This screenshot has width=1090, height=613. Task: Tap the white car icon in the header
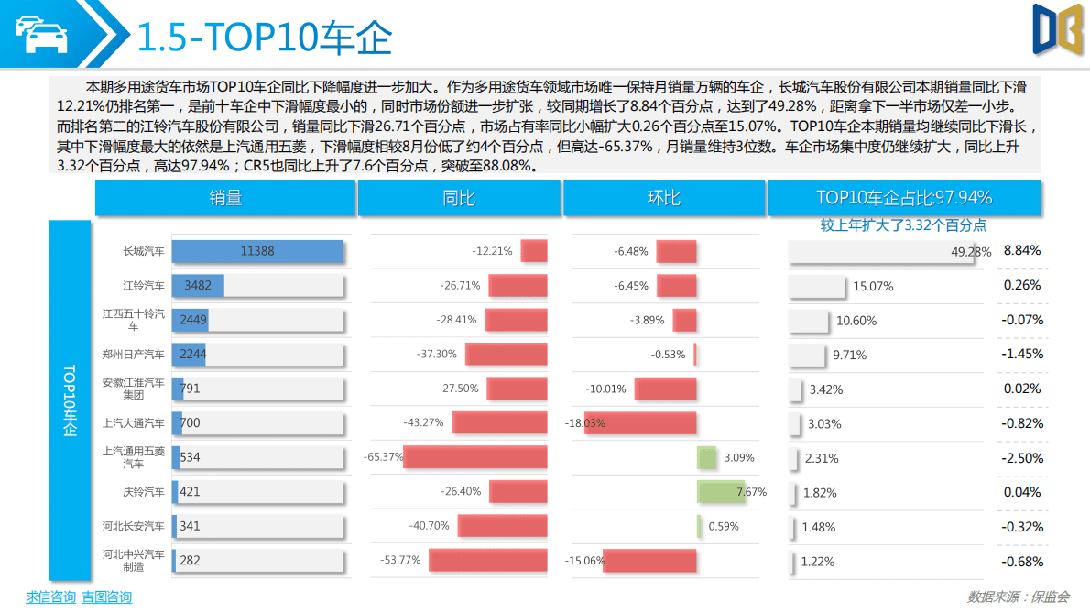(x=40, y=35)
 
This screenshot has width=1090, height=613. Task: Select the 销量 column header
(x=225, y=198)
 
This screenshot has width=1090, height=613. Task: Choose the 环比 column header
(x=664, y=198)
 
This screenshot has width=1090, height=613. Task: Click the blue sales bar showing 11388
(x=257, y=252)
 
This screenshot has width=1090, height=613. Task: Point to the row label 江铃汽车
(x=144, y=286)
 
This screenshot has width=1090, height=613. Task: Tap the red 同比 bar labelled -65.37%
(x=474, y=457)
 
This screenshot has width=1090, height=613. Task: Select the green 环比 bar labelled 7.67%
(x=721, y=492)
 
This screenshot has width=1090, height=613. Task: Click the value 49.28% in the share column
(x=972, y=252)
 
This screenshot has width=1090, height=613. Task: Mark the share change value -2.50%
(x=1022, y=457)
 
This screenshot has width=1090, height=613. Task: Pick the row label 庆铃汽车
(x=144, y=492)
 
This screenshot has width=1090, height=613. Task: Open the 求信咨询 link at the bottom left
(x=50, y=597)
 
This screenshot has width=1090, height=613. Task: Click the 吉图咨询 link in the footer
(x=106, y=597)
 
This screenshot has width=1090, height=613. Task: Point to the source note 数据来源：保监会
(x=1018, y=597)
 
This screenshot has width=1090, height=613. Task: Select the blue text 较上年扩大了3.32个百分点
(x=903, y=224)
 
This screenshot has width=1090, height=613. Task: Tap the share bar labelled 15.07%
(x=817, y=286)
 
